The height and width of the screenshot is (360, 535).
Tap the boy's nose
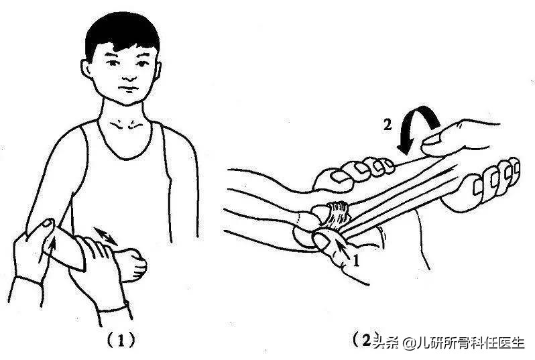pyautogui.click(x=127, y=76)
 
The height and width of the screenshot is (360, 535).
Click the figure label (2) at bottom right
pyautogui.click(x=365, y=340)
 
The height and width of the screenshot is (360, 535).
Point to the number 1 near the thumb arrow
pyautogui.click(x=356, y=263)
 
